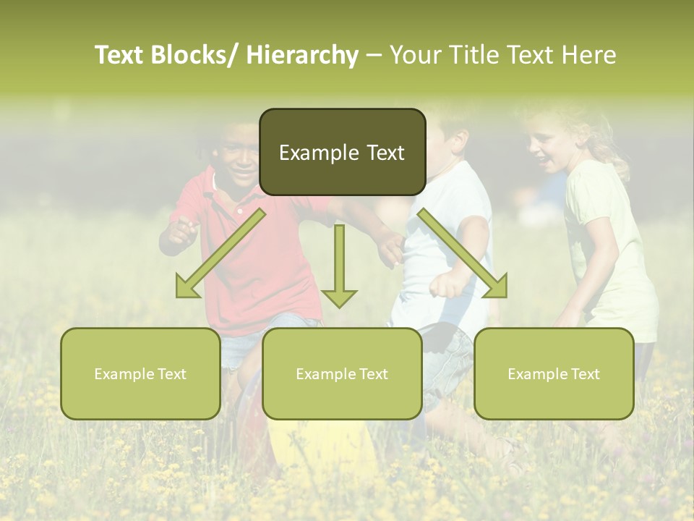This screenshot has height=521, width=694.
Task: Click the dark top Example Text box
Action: click(342, 152)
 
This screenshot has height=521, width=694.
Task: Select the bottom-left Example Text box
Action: click(140, 373)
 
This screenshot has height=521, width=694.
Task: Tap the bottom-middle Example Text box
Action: click(342, 373)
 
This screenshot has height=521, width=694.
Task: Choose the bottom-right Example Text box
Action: click(554, 373)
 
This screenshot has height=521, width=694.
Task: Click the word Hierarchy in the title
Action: click(302, 55)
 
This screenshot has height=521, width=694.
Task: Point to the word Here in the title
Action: click(588, 55)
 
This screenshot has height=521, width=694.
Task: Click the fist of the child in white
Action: click(442, 284)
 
